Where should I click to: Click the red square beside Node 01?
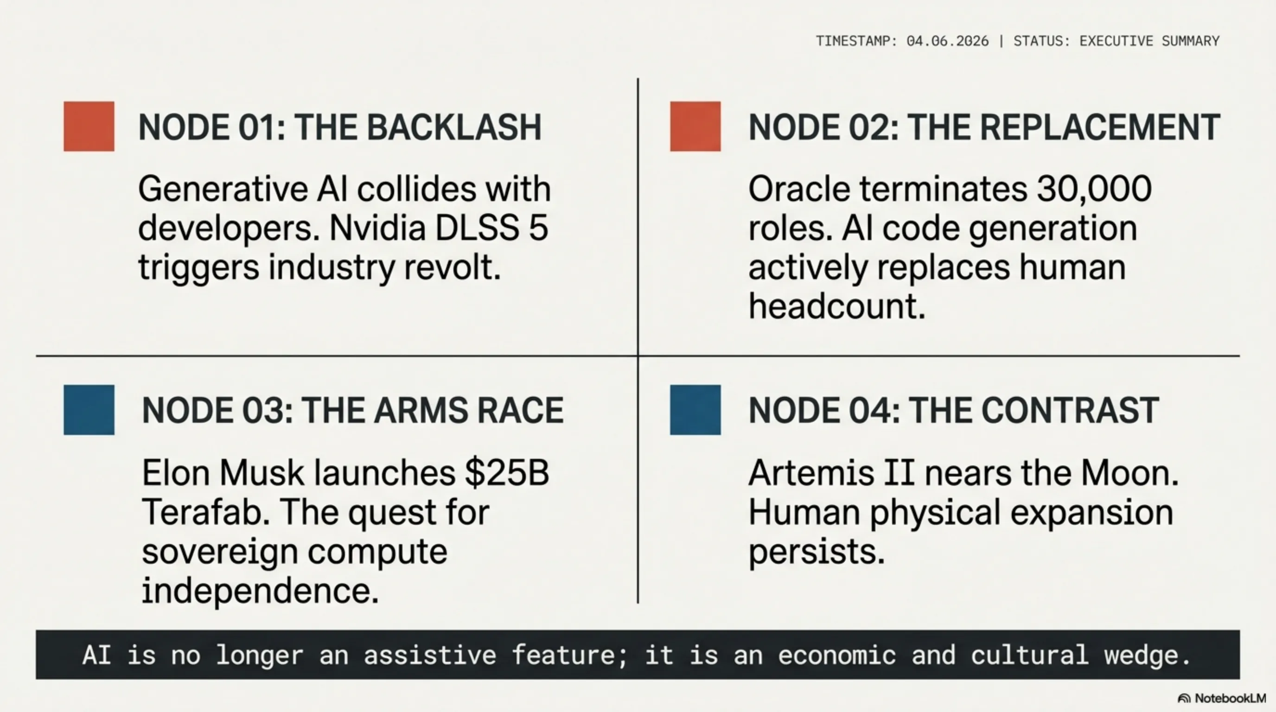(x=89, y=126)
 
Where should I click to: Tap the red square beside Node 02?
(x=695, y=126)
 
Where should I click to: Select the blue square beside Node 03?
(x=89, y=410)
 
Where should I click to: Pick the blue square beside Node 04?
(x=695, y=410)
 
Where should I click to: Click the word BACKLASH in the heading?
(x=454, y=127)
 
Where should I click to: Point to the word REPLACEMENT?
(x=1100, y=127)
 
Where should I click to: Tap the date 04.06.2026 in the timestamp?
(x=947, y=41)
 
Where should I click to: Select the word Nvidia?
(x=377, y=228)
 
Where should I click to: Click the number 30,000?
(x=1094, y=190)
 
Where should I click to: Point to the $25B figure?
(x=507, y=473)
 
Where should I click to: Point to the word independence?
(x=260, y=591)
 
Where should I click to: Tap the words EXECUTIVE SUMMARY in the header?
(x=1149, y=41)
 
